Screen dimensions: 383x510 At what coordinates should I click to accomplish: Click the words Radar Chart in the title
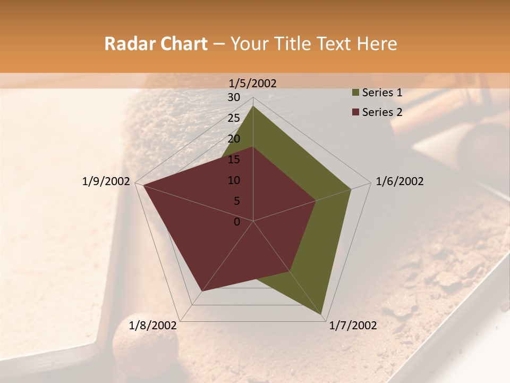[156, 44]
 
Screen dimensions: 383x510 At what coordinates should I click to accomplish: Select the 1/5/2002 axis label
[252, 83]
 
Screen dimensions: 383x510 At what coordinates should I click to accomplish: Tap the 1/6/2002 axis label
[399, 181]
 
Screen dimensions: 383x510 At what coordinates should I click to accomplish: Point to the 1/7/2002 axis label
[353, 326]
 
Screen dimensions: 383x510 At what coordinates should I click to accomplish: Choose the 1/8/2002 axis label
[153, 326]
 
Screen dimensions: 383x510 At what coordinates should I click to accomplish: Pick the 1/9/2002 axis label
[106, 181]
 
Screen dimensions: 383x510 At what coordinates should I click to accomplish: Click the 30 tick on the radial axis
[234, 97]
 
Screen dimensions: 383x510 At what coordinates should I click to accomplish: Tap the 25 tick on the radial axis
[234, 118]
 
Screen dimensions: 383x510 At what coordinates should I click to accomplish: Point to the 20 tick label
[234, 139]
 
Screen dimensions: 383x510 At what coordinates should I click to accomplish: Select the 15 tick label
[234, 160]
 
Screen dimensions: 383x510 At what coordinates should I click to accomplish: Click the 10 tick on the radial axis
[234, 180]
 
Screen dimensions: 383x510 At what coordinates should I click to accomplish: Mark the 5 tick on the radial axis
[236, 201]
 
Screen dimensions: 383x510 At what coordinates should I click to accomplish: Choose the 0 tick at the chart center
[237, 222]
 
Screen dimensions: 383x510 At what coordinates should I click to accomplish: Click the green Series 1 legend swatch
[355, 93]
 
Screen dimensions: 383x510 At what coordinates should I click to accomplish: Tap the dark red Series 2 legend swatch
[355, 112]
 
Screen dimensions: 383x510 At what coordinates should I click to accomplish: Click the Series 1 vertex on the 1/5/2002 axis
[253, 106]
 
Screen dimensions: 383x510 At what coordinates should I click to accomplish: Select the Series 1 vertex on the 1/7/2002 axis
[322, 314]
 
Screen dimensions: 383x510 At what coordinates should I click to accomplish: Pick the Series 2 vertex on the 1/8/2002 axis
[202, 291]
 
